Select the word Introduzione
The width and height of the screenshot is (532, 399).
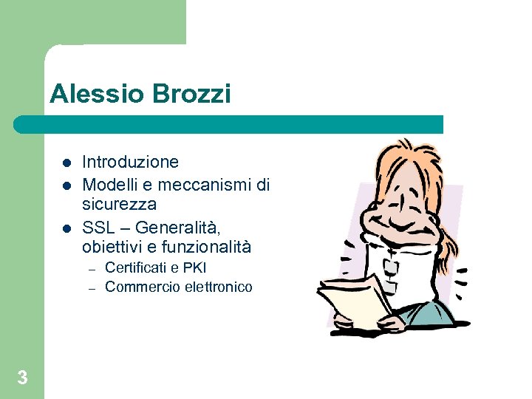[x=130, y=162]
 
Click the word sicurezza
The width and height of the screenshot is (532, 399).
[x=119, y=204]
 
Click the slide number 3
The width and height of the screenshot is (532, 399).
[x=22, y=378]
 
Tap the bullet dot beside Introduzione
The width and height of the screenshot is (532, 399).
[x=65, y=163]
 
